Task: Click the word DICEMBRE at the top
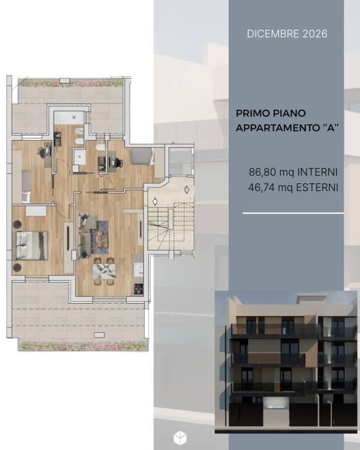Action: (x=269, y=34)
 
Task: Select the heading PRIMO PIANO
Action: (x=270, y=113)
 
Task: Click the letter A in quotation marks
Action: (x=331, y=128)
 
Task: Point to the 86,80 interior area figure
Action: (x=263, y=172)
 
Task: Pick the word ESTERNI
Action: (x=317, y=187)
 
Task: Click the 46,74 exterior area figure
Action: (x=262, y=187)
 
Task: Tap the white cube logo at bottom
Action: (x=180, y=438)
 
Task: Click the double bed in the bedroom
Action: (x=32, y=246)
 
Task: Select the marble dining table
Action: (x=104, y=271)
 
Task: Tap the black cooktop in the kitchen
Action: (x=138, y=289)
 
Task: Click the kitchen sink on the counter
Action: (x=138, y=270)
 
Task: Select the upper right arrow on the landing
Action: (x=186, y=190)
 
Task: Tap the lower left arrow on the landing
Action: (x=155, y=202)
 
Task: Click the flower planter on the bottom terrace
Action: (x=83, y=346)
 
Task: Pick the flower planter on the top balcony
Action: (x=70, y=83)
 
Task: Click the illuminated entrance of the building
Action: (x=276, y=405)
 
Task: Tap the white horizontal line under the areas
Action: (x=293, y=213)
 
